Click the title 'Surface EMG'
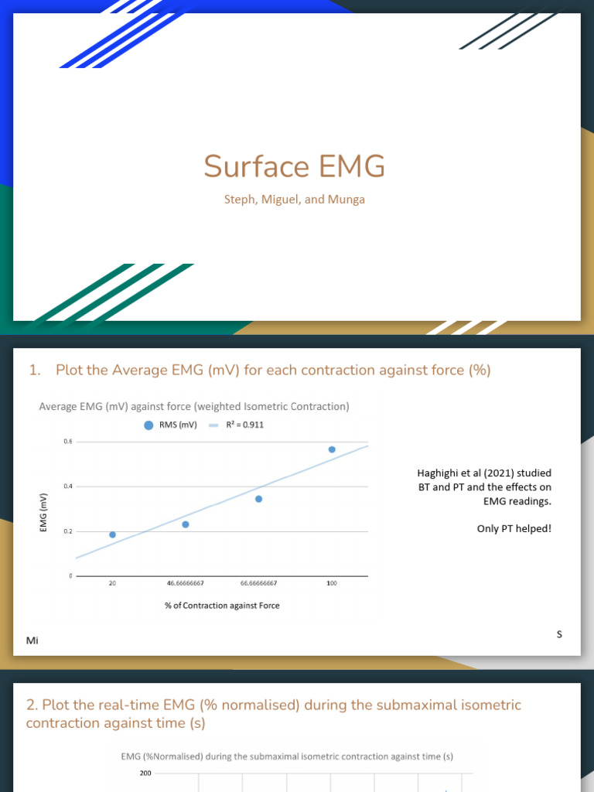[294, 167]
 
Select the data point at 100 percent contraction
[332, 449]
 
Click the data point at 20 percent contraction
[112, 534]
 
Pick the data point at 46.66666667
[186, 524]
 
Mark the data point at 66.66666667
[258, 499]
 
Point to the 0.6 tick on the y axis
[68, 442]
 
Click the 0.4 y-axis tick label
[68, 486]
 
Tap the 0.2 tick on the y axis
[68, 531]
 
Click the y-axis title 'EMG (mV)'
[43, 512]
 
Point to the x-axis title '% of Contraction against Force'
[222, 606]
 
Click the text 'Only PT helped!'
[514, 530]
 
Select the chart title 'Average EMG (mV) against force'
[194, 406]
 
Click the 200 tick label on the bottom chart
[145, 773]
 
